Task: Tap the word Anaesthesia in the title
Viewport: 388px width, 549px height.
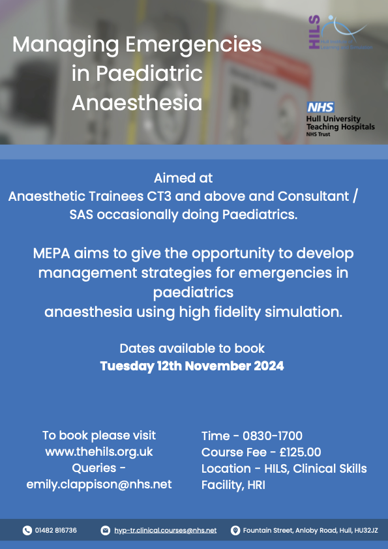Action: (x=136, y=103)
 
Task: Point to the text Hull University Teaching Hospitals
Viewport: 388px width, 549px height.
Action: (x=340, y=123)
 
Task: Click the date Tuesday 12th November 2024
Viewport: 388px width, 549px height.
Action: (x=192, y=366)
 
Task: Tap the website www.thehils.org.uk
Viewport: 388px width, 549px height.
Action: (x=99, y=451)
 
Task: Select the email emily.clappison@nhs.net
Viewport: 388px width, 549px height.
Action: (x=99, y=484)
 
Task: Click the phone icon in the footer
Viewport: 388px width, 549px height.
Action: (x=27, y=531)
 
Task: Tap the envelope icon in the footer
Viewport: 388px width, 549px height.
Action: (x=106, y=531)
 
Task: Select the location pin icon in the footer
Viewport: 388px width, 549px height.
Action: (x=235, y=531)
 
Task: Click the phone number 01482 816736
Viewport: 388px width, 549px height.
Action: (x=56, y=531)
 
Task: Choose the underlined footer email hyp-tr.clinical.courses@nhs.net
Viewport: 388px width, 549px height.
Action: (x=165, y=531)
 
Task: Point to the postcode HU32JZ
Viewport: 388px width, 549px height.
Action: (x=359, y=531)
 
